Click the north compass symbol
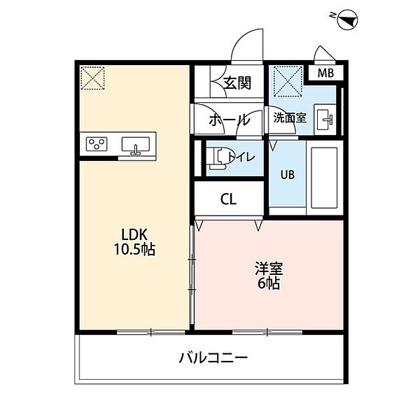point(347,19)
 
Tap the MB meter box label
point(325,73)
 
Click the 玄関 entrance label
point(237,83)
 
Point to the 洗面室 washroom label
point(290,118)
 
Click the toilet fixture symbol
point(218,158)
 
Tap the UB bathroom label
point(288,175)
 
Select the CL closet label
point(228,199)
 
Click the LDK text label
point(134,235)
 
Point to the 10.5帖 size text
point(134,250)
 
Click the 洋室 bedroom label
point(269,269)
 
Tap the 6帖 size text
point(269,283)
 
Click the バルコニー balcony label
point(213,357)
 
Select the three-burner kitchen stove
point(97,144)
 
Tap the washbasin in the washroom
point(325,120)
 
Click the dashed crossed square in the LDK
point(92,78)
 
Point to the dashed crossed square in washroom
point(288,81)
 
